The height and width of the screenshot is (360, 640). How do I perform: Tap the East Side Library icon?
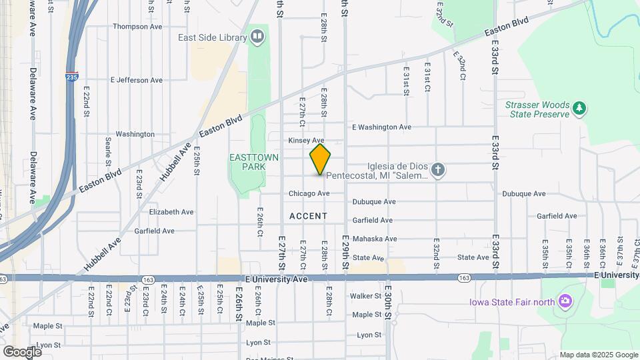(x=257, y=36)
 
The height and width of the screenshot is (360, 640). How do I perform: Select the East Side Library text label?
(x=213, y=37)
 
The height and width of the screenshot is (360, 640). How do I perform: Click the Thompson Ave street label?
(x=138, y=27)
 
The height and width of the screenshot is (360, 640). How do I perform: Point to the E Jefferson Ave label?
(x=136, y=80)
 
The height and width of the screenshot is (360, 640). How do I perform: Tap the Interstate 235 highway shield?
(x=72, y=76)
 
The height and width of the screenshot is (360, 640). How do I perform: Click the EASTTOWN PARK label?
(x=248, y=161)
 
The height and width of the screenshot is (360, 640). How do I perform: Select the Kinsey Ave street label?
(x=307, y=141)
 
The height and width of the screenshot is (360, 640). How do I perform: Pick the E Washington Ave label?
(x=381, y=127)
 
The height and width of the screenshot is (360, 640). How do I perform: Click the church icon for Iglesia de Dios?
(x=437, y=171)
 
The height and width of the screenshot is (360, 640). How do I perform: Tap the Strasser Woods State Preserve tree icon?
(x=580, y=107)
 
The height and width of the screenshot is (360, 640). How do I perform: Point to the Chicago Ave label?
(x=309, y=193)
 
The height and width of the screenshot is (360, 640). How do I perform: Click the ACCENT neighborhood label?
(x=309, y=216)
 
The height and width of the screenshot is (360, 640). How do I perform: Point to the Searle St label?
(x=108, y=153)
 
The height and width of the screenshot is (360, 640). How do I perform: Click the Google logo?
(x=22, y=351)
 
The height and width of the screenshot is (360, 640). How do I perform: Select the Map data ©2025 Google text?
(x=599, y=355)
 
